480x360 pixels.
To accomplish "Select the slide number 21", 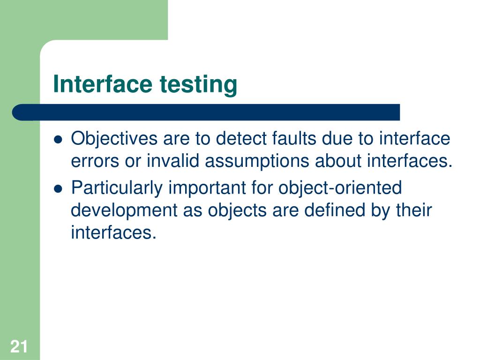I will [19, 347].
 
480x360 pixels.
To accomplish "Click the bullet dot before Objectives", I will [58, 139].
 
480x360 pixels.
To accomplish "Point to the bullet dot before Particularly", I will [58, 188].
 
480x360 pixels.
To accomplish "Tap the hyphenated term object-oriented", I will [340, 188].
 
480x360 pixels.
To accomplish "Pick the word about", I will [338, 161].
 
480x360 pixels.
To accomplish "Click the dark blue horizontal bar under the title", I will [206, 112].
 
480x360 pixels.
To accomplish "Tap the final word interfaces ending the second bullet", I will [112, 232].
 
